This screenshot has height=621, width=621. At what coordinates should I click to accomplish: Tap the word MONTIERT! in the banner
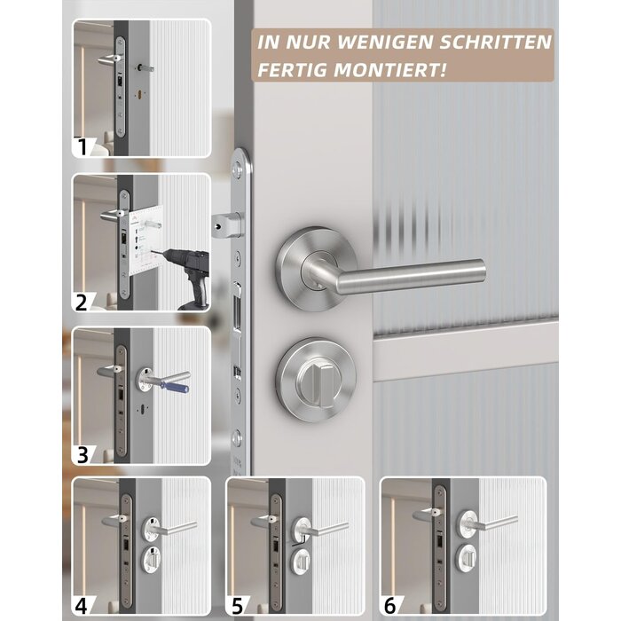click(390, 70)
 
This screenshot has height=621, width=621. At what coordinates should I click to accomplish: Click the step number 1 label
click(83, 146)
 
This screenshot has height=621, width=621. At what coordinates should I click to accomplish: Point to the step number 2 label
click(82, 303)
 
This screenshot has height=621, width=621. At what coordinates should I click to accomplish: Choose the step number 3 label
click(83, 454)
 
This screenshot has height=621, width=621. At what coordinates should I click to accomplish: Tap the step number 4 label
click(82, 606)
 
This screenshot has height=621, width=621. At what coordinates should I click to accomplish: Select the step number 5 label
click(237, 606)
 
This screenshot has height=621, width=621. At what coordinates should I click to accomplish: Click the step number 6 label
click(390, 606)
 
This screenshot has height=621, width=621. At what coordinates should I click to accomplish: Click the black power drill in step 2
click(190, 273)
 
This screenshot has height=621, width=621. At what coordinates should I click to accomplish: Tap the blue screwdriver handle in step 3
click(175, 385)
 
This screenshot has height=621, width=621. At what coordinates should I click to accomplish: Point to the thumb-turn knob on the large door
click(320, 383)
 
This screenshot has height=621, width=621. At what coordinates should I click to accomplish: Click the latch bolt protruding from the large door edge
click(226, 225)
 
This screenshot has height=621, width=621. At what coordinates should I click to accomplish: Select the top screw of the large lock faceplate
click(237, 169)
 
